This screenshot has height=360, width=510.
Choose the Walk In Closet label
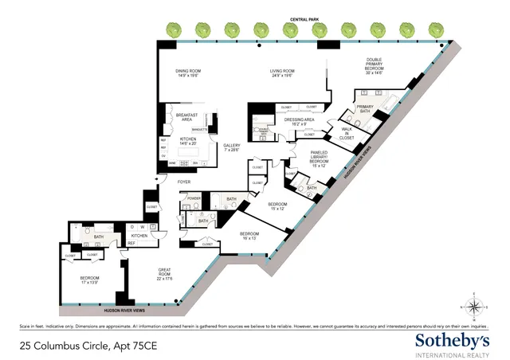coord(347,134)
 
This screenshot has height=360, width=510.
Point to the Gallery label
coord(232,147)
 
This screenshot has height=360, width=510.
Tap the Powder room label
coord(194,198)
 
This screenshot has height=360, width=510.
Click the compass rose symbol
coord(473,307)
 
